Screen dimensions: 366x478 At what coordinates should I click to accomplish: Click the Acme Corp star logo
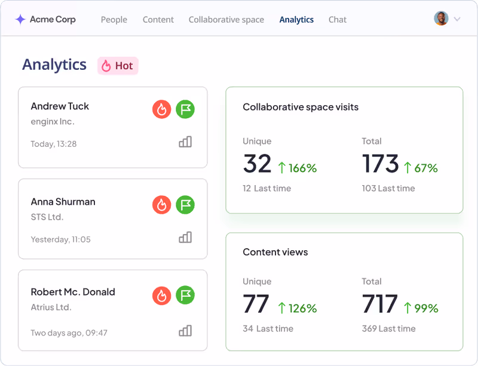[20, 20]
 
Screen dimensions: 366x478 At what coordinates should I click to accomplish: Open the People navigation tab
[114, 20]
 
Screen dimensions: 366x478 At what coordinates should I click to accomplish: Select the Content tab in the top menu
[158, 20]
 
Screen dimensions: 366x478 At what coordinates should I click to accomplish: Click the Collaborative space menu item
[226, 20]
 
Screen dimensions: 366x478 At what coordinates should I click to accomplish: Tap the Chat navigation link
[337, 20]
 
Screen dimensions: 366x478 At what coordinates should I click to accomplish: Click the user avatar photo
[441, 19]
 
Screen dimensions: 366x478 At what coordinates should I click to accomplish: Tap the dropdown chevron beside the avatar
[457, 19]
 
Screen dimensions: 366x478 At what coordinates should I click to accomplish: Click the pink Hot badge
[118, 66]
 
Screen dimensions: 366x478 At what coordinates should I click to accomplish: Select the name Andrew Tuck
[60, 106]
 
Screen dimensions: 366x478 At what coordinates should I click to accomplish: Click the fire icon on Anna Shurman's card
[161, 205]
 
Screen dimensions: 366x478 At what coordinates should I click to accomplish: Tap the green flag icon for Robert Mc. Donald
[185, 295]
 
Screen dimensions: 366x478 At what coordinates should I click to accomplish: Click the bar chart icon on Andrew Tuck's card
[185, 142]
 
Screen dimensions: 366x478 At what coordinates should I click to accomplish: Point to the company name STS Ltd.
[47, 217]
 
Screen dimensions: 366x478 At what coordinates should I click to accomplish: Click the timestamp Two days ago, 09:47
[69, 333]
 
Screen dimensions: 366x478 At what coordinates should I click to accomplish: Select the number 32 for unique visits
[257, 164]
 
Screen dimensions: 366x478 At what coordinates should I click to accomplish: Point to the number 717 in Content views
[379, 304]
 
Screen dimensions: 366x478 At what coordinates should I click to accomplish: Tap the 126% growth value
[297, 308]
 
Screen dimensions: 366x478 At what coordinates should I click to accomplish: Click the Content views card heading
[275, 252]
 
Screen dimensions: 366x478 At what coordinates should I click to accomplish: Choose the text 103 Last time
[388, 188]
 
